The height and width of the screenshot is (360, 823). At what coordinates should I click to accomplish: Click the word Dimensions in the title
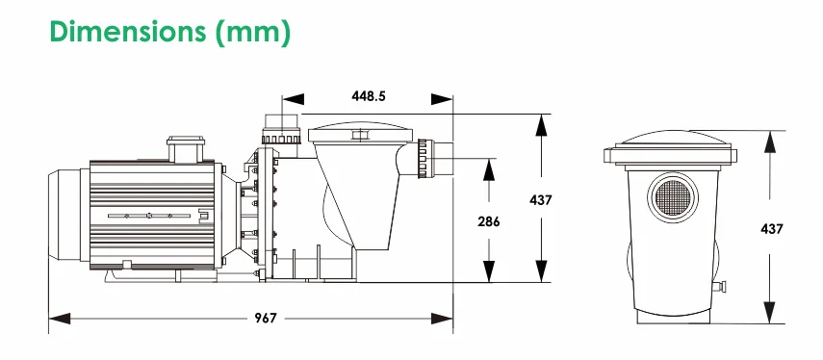point(128,32)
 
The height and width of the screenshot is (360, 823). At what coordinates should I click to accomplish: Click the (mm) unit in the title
point(252,33)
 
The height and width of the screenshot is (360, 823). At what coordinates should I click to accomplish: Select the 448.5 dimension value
point(368,96)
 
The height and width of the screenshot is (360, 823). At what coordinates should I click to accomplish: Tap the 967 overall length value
point(265,318)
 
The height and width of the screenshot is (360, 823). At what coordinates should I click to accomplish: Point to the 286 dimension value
point(489,221)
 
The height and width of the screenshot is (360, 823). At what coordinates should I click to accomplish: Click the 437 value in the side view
point(541,200)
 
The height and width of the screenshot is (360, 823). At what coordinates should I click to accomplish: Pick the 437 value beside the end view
point(771,229)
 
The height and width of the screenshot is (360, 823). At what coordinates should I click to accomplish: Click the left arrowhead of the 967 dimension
point(60,318)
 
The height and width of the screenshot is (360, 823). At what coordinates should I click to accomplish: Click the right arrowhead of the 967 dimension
point(442,318)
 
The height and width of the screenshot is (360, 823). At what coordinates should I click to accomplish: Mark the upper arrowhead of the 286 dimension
point(489,169)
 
